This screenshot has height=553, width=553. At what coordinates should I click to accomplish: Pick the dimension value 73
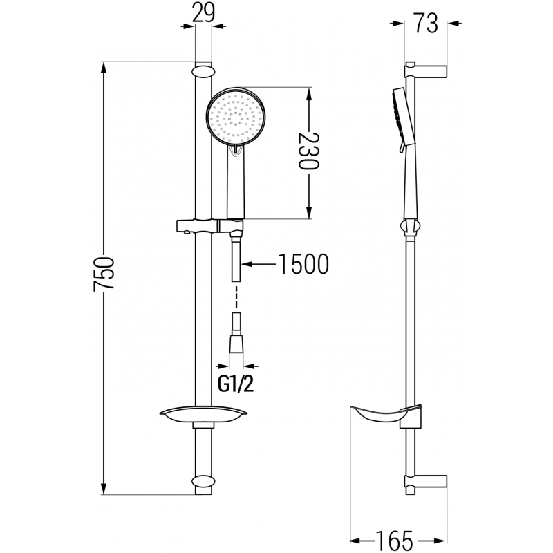pos(427,24)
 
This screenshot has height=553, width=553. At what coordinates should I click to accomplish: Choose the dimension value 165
pos(396,538)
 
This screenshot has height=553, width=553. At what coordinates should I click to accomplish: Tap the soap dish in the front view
pos(203,414)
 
